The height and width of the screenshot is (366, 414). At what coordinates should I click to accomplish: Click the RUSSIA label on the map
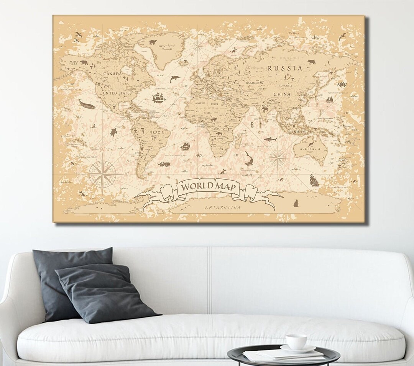tap(285, 69)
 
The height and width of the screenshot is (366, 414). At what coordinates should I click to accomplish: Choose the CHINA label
tap(282, 94)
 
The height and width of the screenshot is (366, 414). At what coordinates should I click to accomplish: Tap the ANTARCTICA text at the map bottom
tap(223, 207)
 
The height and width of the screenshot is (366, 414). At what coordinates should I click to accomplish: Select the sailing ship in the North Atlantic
tap(159, 98)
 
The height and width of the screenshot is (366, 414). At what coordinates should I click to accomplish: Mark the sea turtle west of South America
tap(113, 132)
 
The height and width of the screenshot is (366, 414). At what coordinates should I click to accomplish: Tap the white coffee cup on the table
tap(296, 341)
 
